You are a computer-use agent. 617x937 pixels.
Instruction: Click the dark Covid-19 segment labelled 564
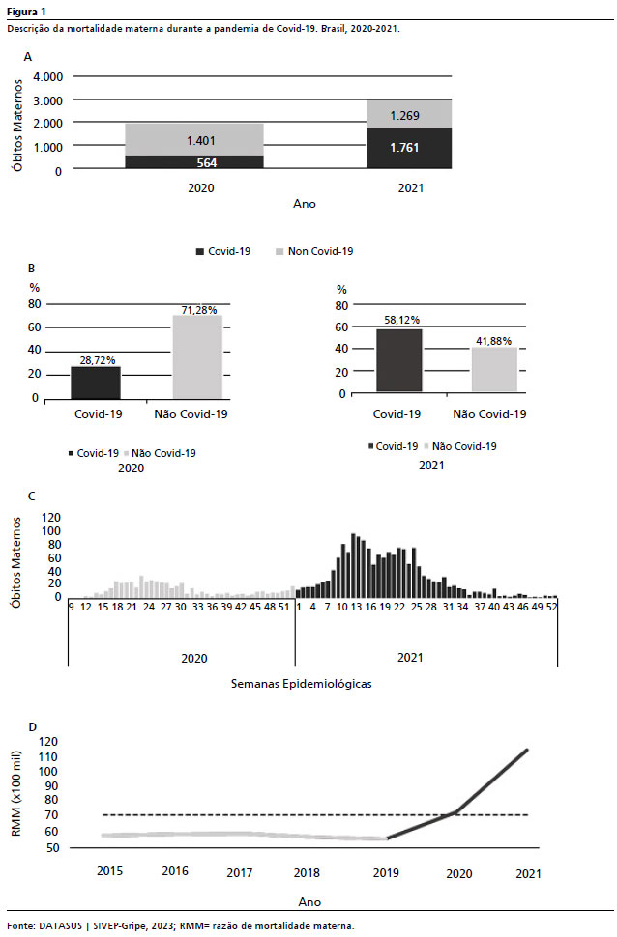(x=194, y=162)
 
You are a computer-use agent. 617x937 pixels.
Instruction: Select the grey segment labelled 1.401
(x=194, y=140)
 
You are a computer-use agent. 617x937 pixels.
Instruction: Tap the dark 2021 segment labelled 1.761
(x=409, y=148)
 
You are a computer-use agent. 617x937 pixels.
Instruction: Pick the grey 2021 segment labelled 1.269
(x=409, y=114)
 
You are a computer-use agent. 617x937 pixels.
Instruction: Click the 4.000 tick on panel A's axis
(x=48, y=77)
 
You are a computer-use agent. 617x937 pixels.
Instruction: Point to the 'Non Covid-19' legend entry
(x=314, y=251)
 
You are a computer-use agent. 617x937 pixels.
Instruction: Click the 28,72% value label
(x=98, y=360)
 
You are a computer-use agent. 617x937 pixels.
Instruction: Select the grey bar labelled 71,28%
(x=197, y=356)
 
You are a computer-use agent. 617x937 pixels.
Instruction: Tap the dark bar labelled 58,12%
(x=399, y=360)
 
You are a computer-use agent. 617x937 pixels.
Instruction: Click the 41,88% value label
(x=494, y=341)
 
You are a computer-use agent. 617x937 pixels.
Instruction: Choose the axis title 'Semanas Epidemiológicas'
(x=301, y=684)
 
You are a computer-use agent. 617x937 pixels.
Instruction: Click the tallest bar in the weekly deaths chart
(x=353, y=565)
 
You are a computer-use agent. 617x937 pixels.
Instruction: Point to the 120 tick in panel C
(x=51, y=518)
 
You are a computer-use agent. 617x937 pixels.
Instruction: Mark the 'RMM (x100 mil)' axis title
(x=16, y=794)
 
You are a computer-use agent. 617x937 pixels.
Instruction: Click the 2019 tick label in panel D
(x=386, y=873)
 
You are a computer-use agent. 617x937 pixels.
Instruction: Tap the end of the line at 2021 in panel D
(x=527, y=750)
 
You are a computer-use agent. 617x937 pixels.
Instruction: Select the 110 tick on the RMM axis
(x=48, y=757)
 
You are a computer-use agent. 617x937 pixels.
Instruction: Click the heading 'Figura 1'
(x=26, y=12)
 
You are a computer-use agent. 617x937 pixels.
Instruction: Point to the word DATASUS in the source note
(x=61, y=926)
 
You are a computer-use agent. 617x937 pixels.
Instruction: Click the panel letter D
(x=32, y=727)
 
